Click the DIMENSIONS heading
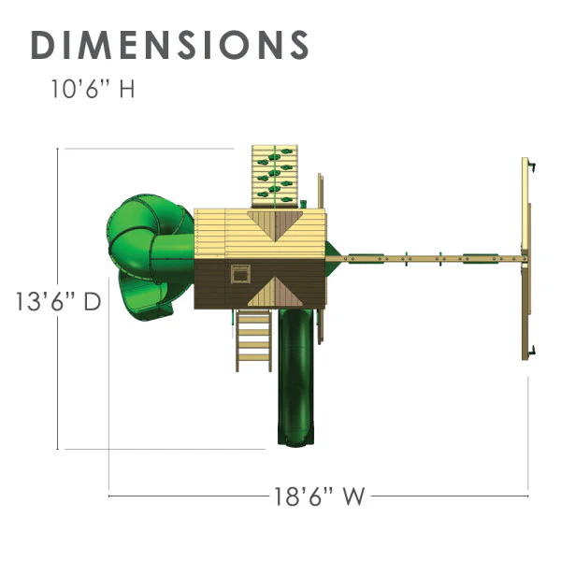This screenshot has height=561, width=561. point(170,45)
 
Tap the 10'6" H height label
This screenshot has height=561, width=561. point(93,89)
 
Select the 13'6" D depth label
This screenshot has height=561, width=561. point(58,301)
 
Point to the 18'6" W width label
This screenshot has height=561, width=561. point(320,496)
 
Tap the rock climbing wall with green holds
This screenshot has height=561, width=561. point(275,176)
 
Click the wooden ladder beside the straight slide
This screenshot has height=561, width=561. point(253,340)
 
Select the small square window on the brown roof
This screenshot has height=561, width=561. point(240,274)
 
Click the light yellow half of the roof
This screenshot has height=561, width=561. point(260,234)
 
